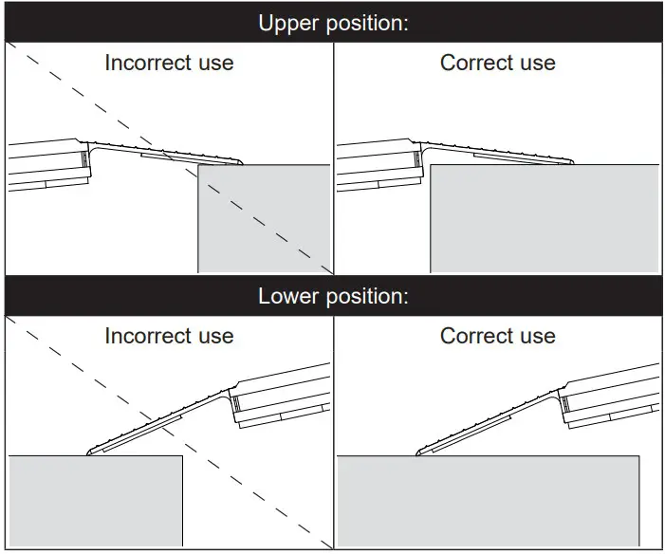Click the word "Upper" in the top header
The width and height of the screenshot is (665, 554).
[287, 23]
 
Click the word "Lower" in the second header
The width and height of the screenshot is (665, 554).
[287, 296]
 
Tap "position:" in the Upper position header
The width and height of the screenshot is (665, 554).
[366, 23]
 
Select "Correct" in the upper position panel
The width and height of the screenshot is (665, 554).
[475, 64]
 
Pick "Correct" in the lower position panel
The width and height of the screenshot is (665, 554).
[475, 336]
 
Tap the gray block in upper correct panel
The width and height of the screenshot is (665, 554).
[544, 218]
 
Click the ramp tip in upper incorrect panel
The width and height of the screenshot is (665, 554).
[241, 162]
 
